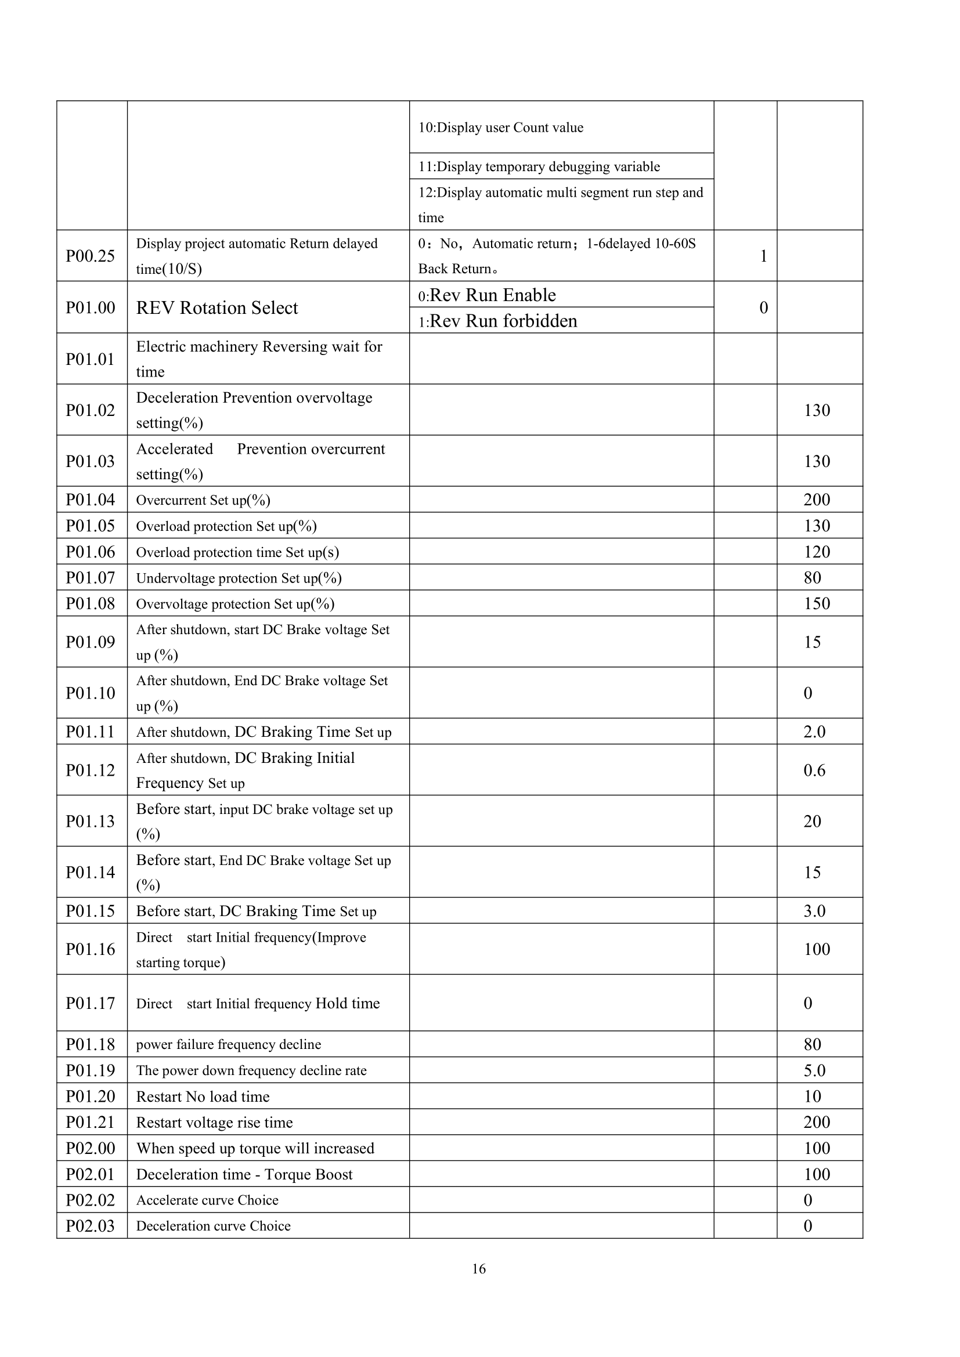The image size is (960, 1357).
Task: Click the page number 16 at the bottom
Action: click(479, 1268)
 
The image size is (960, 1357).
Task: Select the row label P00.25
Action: click(91, 256)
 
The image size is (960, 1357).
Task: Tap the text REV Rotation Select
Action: click(217, 308)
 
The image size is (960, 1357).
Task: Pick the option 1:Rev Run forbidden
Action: click(498, 321)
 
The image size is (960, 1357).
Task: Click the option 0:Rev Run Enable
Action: click(487, 295)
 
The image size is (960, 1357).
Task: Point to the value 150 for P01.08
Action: click(817, 603)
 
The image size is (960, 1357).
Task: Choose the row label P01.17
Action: click(91, 1003)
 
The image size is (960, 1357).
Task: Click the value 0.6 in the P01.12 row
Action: click(814, 770)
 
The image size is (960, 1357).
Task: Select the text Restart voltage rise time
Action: click(215, 1123)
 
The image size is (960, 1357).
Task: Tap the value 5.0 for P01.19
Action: click(814, 1070)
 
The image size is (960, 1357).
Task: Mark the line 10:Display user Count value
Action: click(501, 128)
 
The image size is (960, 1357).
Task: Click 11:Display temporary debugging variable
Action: click(539, 167)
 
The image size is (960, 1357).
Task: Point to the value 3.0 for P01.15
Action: click(814, 911)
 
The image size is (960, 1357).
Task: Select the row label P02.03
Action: click(91, 1226)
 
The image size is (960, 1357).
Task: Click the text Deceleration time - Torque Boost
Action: click(244, 1174)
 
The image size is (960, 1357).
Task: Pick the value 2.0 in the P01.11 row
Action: click(814, 732)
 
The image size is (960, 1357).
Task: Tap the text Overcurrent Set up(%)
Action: click(203, 500)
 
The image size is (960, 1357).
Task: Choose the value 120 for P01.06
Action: click(817, 551)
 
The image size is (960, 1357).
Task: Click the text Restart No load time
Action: click(203, 1097)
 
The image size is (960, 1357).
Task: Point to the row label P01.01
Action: click(91, 359)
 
